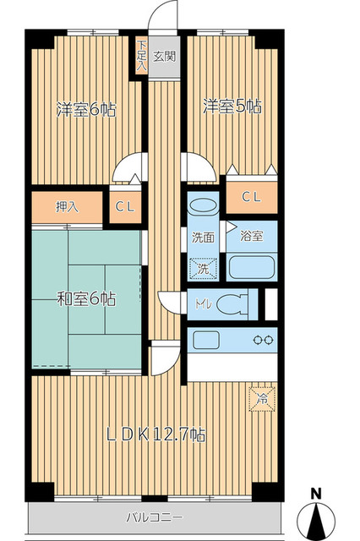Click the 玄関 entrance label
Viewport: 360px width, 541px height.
coord(165,56)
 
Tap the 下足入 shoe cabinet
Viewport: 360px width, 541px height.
coord(141,56)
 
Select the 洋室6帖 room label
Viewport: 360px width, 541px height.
coord(86,110)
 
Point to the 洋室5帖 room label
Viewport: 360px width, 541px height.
coord(232,107)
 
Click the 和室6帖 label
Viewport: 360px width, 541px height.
coord(86,298)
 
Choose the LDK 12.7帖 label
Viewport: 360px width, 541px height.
coord(155,434)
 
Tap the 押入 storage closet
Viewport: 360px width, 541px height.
coord(68,207)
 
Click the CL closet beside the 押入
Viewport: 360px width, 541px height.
coord(126,207)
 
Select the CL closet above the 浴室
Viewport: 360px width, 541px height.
coord(252,197)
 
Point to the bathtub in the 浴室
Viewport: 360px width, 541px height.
coord(252,267)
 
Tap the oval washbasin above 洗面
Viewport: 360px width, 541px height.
coord(204,206)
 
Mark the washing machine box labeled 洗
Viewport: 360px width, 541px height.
coord(204,269)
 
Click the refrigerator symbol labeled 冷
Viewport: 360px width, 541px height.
coord(263,399)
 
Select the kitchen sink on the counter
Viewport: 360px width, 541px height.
coord(206,340)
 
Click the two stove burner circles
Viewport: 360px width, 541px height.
coord(264,340)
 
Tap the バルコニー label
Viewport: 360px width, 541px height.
coord(154,517)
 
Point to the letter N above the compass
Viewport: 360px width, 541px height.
coord(315,494)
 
